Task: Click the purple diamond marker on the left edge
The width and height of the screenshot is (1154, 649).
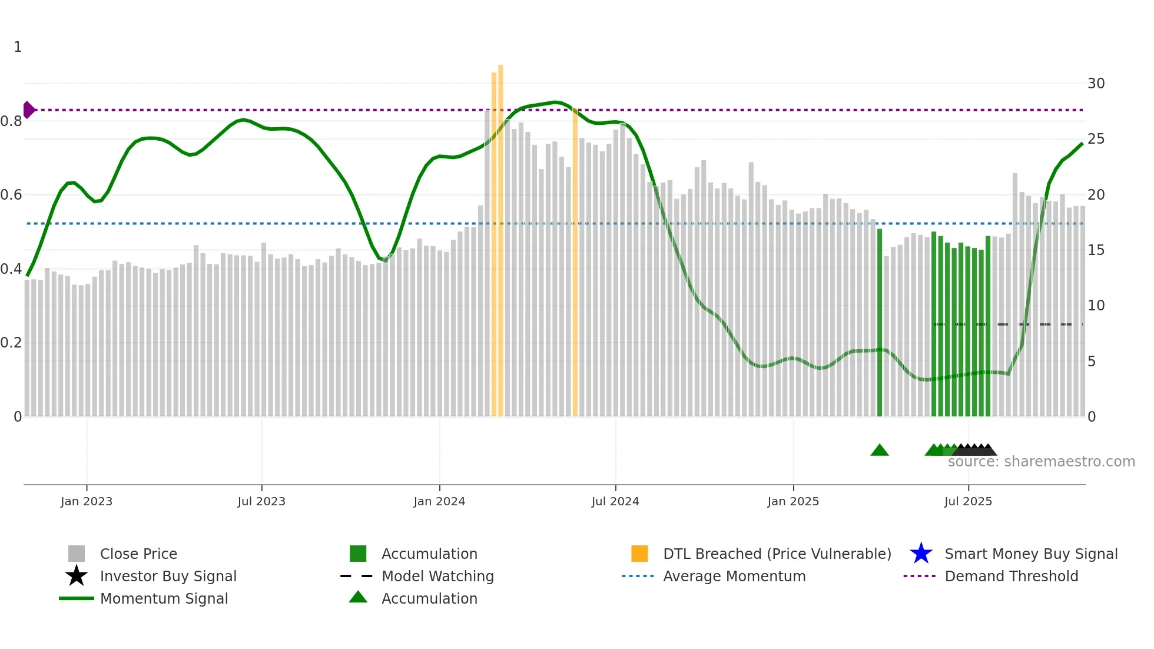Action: point(28,110)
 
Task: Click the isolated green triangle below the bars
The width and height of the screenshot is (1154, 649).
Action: point(879,451)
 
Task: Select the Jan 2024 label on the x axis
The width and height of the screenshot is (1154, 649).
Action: point(439,501)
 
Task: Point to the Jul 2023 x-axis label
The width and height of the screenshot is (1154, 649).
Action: point(261,501)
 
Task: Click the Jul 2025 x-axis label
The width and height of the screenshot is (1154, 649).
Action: point(968,501)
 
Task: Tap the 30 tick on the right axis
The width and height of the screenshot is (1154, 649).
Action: point(1096,84)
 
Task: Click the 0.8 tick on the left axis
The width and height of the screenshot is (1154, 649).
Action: point(12,121)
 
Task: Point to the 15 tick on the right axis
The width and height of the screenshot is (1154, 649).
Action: point(1096,250)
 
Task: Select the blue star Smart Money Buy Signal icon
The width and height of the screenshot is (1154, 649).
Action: point(921,554)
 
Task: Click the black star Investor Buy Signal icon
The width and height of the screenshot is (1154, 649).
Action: point(77,576)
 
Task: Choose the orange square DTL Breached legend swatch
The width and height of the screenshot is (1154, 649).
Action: point(639,554)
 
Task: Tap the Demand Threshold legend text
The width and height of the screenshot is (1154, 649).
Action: point(1011,576)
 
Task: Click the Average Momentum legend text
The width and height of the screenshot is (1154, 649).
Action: point(734,576)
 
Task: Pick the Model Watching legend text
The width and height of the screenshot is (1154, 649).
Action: point(437,576)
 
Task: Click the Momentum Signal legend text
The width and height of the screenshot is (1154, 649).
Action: point(164,598)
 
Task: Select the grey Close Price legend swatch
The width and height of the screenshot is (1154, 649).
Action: point(77,554)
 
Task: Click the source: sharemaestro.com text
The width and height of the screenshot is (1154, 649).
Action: point(1041,462)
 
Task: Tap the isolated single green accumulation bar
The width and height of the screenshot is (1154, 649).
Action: point(880,324)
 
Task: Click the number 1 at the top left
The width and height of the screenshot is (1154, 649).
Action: point(18,47)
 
